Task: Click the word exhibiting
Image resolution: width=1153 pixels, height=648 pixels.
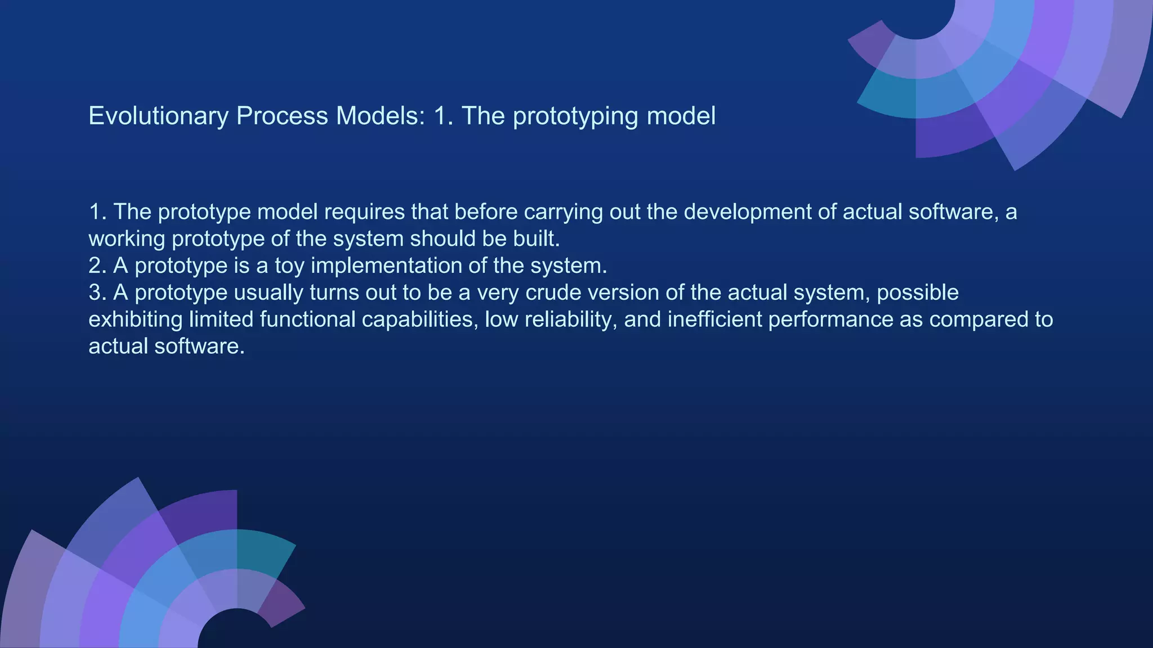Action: pyautogui.click(x=135, y=319)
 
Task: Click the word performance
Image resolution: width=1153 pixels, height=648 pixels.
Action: pyautogui.click(x=830, y=319)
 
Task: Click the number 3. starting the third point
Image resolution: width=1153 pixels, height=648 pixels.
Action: pyautogui.click(x=97, y=292)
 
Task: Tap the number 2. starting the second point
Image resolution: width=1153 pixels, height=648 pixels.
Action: pyautogui.click(x=97, y=265)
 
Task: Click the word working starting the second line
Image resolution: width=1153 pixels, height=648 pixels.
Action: pyautogui.click(x=127, y=239)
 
